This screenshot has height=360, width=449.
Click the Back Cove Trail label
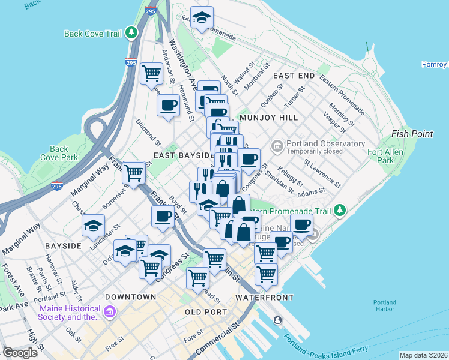93,34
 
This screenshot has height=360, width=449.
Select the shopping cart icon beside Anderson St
151,74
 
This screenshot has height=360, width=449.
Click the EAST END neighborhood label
294,76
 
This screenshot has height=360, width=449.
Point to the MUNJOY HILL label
268,118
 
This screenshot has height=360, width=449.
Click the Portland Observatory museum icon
277,145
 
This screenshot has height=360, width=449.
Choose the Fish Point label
412,134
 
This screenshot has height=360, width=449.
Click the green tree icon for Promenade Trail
340,210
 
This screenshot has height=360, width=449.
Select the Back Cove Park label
59,153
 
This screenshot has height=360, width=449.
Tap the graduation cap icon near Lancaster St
92,226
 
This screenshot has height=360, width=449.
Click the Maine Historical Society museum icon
110,312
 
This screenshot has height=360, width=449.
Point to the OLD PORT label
206,312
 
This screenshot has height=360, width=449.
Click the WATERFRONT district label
264,298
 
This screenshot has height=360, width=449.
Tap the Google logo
20,352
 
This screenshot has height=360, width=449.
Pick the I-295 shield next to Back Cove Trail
130,62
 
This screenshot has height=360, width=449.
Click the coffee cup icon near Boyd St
162,216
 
